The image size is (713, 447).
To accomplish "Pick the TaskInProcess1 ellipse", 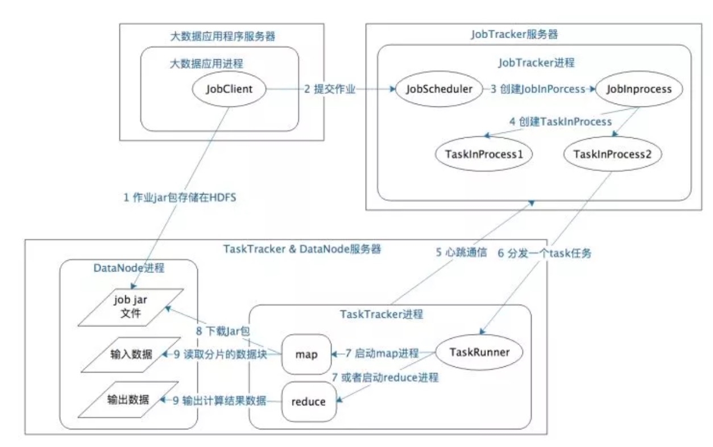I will (484, 154).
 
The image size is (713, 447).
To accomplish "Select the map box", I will (306, 354).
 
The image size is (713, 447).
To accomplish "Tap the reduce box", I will (308, 402).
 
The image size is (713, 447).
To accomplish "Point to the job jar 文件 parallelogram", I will (131, 308).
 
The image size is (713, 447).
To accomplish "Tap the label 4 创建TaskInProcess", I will (559, 121).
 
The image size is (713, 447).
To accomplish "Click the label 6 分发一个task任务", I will (544, 253).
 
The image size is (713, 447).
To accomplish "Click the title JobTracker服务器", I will (514, 34).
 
